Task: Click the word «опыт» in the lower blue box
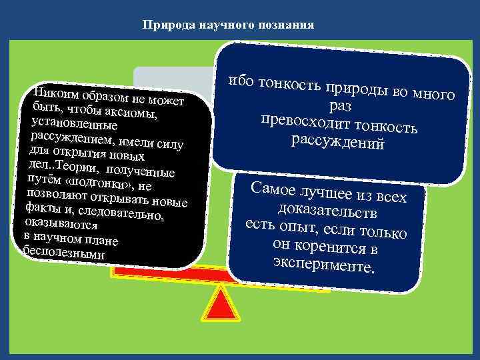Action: click(307, 229)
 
